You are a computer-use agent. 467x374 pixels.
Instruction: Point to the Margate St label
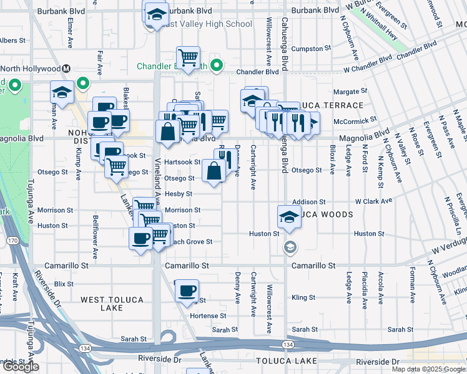tap(350, 92)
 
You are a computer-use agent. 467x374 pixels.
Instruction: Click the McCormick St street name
tap(356, 120)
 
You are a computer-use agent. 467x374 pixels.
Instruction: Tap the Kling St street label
tap(303, 298)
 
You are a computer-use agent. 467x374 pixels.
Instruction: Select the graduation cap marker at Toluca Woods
tap(288, 217)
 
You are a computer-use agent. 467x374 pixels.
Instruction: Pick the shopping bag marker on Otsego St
tap(214, 170)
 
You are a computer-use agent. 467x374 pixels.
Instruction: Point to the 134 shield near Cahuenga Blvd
tap(288, 345)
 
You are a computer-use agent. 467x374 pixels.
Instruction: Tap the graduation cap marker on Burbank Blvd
tap(156, 13)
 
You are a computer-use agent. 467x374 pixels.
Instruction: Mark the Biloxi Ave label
tap(332, 161)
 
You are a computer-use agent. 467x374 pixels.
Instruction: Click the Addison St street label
tap(309, 202)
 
